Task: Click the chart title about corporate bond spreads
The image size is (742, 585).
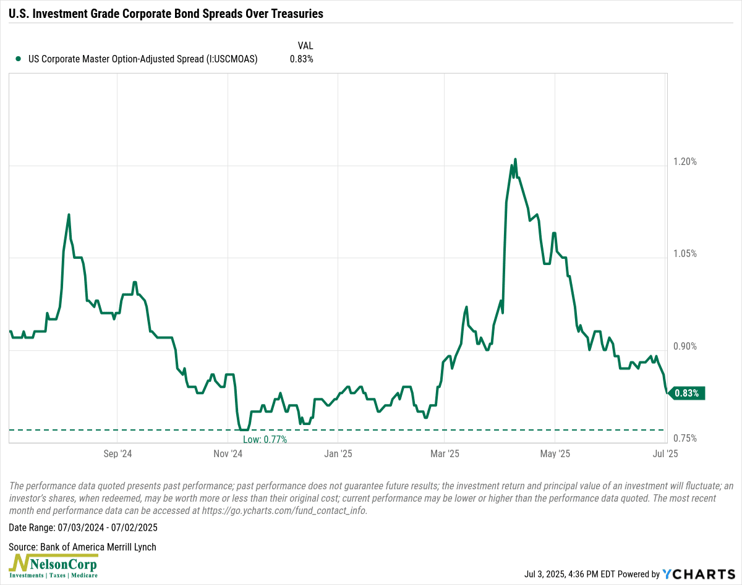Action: tap(166, 14)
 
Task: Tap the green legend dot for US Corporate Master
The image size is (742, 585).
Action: tap(18, 59)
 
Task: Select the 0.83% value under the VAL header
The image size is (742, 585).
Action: tap(302, 59)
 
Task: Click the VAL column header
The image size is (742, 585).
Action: tap(305, 45)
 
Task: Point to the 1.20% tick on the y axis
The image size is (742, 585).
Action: tap(684, 162)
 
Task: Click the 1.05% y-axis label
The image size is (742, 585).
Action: tap(684, 254)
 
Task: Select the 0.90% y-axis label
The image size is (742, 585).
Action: tap(684, 347)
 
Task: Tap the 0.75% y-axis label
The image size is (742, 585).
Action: tap(684, 439)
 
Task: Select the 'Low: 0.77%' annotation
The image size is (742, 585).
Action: tap(265, 439)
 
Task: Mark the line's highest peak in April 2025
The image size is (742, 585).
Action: tap(515, 159)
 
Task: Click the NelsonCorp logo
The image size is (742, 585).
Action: tap(54, 566)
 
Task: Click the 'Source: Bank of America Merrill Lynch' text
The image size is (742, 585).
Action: tap(83, 547)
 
